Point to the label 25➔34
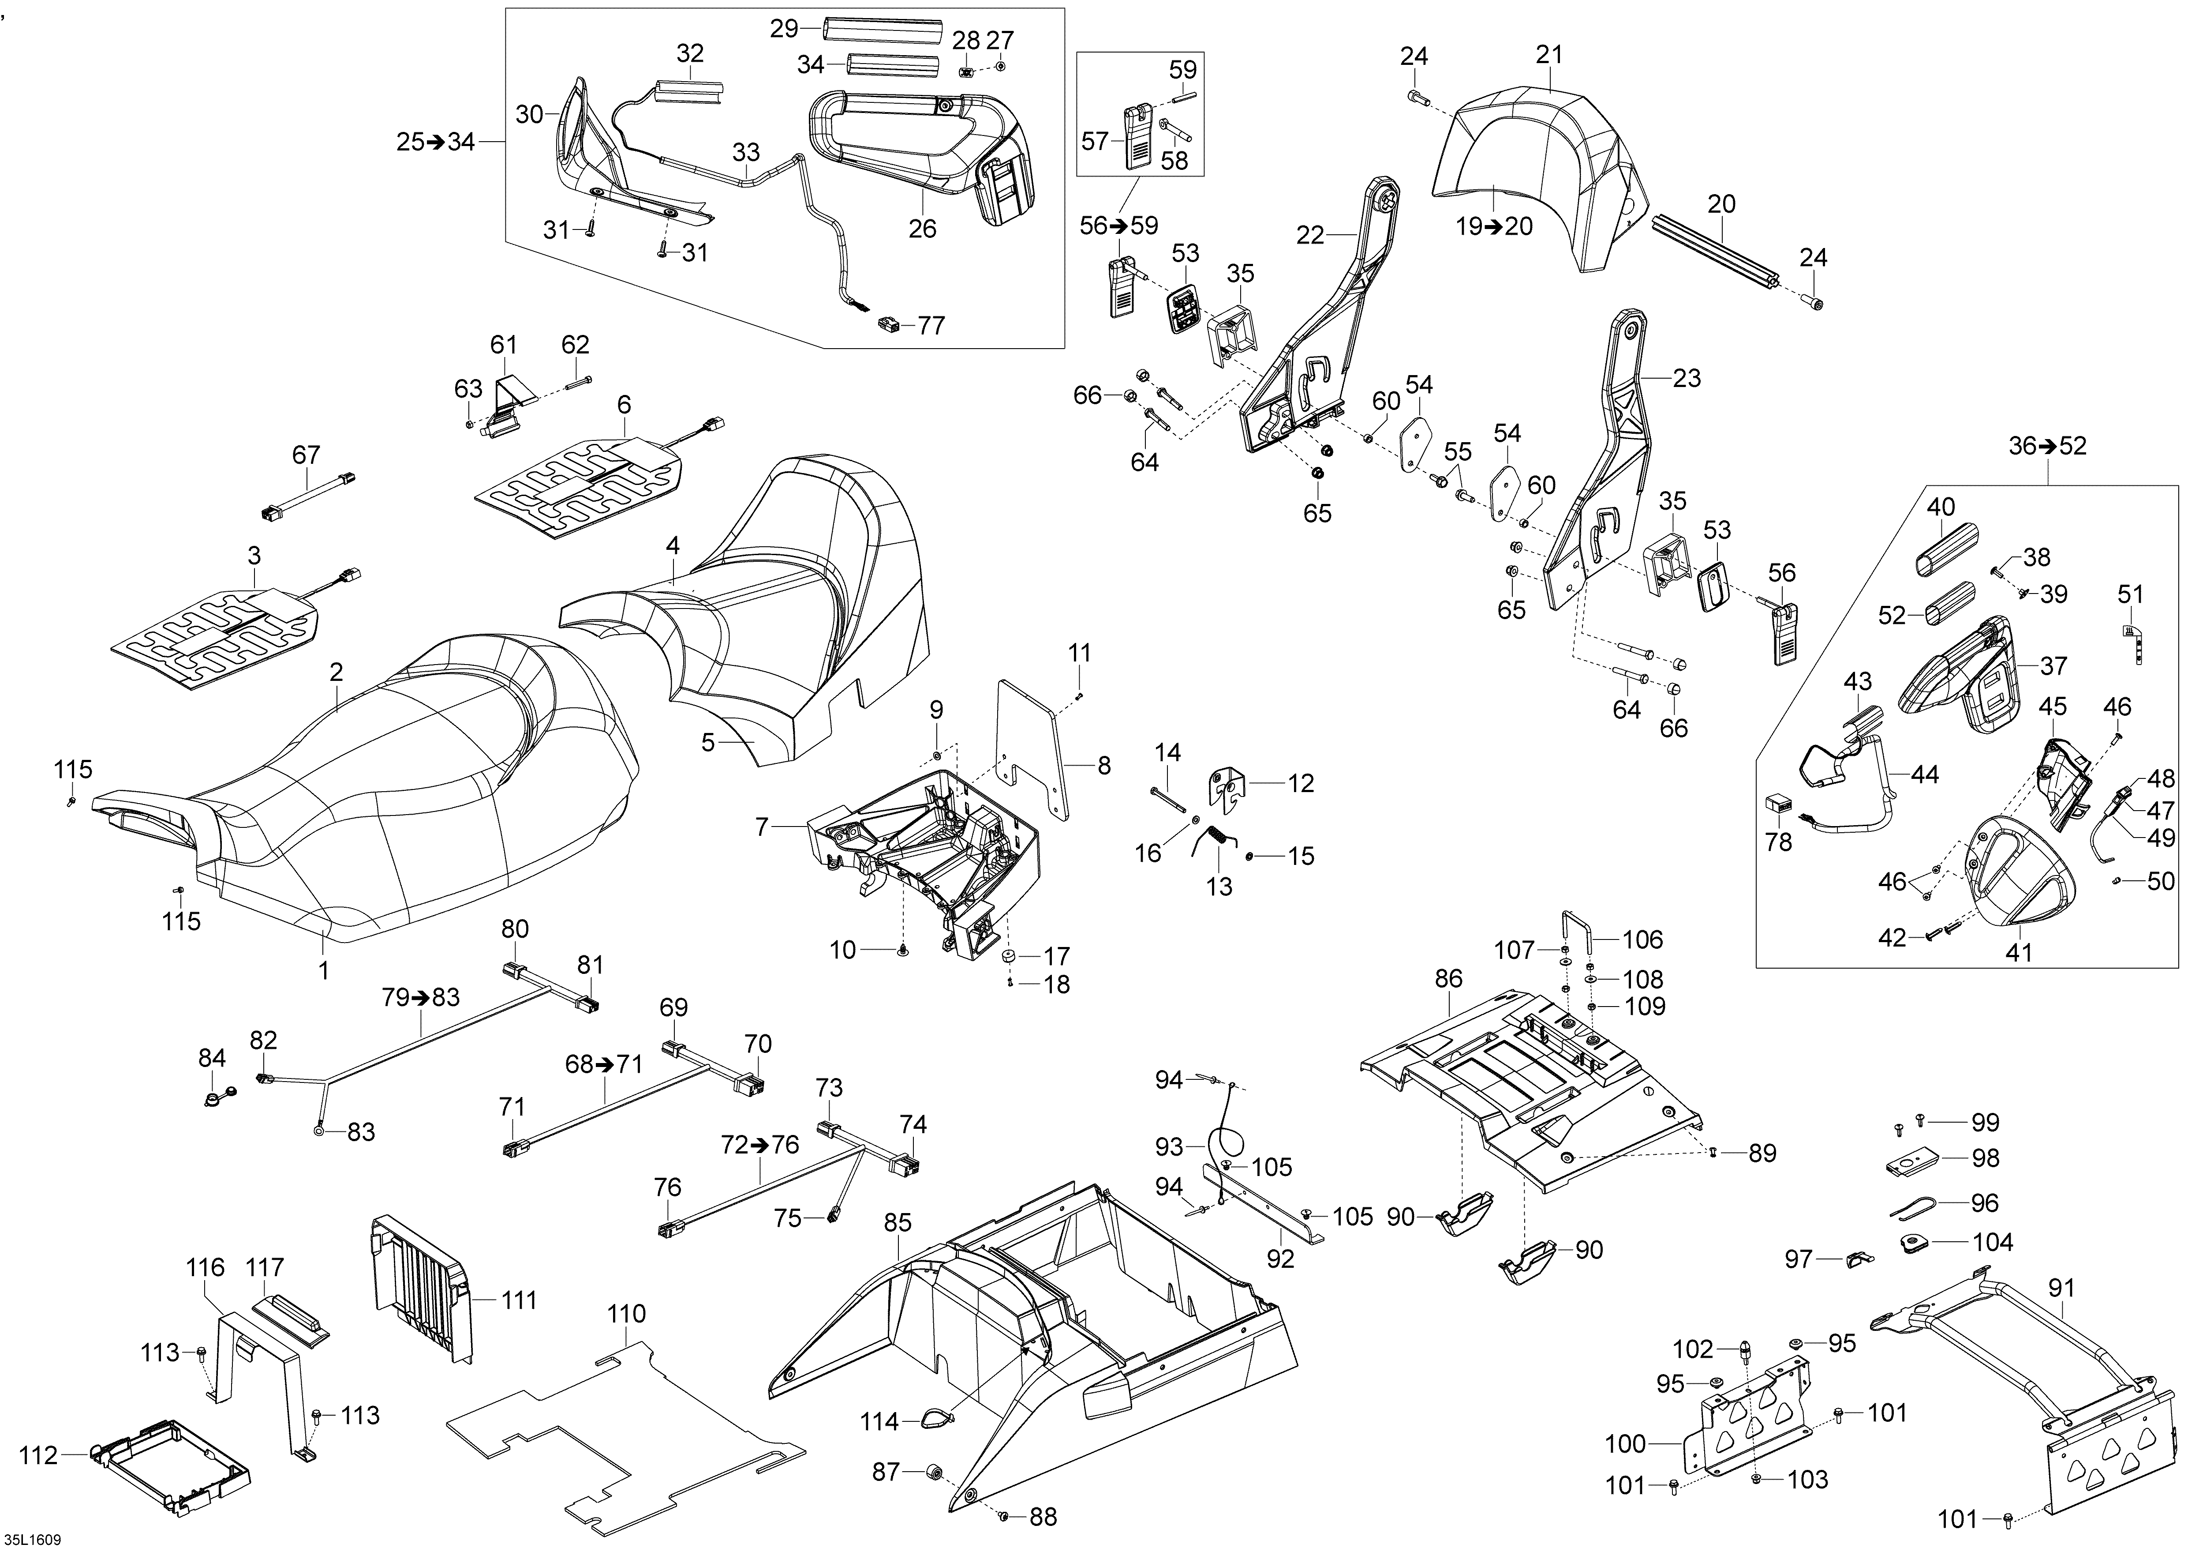pyautogui.click(x=435, y=142)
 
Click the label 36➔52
pyautogui.click(x=2047, y=445)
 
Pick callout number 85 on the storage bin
pyautogui.click(x=898, y=1222)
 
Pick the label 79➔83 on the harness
pyautogui.click(x=420, y=997)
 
